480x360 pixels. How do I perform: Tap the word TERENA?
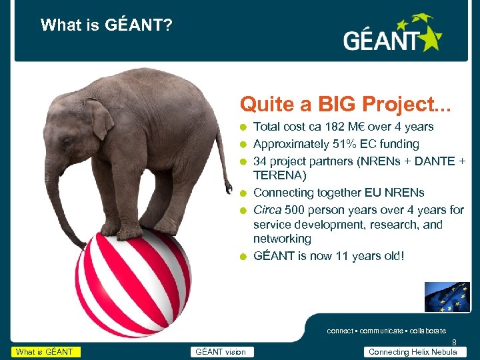(x=279, y=175)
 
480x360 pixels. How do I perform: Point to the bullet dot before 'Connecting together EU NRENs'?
(x=245, y=193)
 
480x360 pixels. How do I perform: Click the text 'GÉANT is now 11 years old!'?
(x=329, y=256)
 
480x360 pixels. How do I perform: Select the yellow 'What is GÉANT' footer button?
(x=45, y=352)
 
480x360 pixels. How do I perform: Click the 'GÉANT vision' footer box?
(x=220, y=352)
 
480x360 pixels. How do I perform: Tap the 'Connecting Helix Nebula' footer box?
(x=413, y=352)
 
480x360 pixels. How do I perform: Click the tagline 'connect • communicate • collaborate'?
(x=386, y=331)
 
